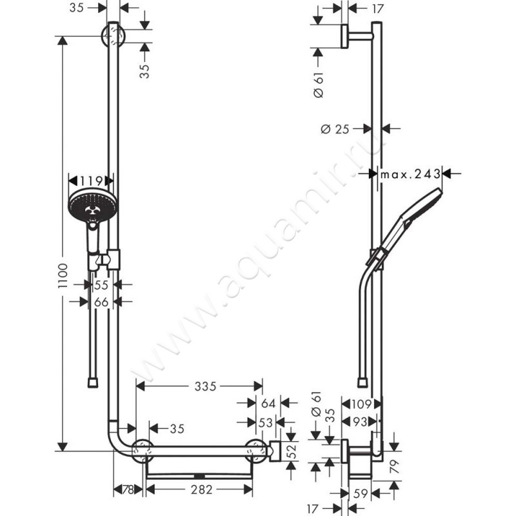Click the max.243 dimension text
point(410,174)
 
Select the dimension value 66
point(101,301)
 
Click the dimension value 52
point(290,450)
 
